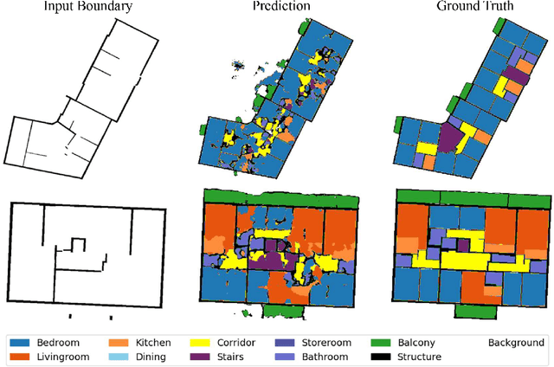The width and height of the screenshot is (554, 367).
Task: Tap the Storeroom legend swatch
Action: (285, 343)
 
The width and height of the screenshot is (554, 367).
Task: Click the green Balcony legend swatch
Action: (383, 343)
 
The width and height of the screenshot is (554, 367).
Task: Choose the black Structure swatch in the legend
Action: (383, 357)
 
